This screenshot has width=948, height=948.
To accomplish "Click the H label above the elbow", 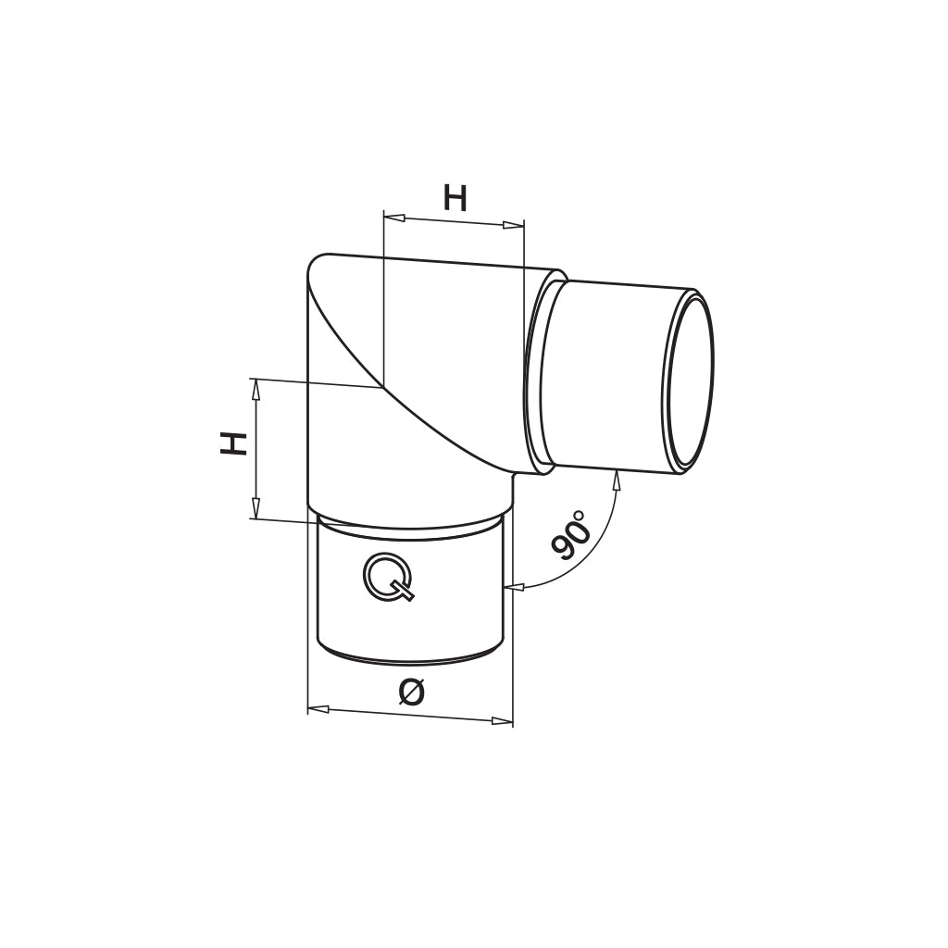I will [x=455, y=197].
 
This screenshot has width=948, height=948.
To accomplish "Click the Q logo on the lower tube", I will [x=388, y=578].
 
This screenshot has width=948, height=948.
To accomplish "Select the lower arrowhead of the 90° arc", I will [x=514, y=586].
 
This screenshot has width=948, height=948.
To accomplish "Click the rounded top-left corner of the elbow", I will [x=318, y=263].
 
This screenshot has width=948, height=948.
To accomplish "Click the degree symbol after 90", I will [x=580, y=513].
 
